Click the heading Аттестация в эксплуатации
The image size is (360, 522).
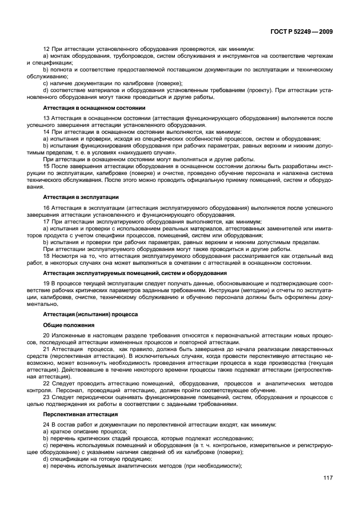(77, 197)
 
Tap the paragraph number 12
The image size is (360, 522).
(47, 49)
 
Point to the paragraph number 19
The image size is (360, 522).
(47, 284)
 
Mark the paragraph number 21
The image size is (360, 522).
(47, 348)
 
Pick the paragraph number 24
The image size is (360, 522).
(47, 425)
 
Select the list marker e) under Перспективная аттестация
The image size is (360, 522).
(46, 466)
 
